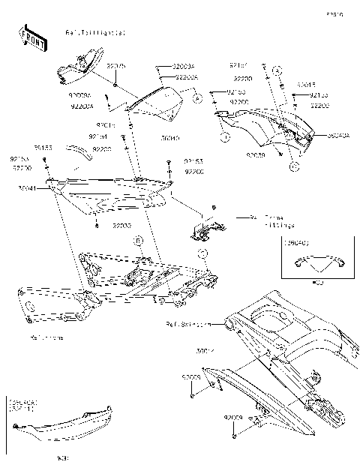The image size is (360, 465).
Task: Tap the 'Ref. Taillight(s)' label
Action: (x=96, y=33)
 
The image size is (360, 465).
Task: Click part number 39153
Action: (x=43, y=148)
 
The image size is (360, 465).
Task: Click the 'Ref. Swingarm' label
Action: (x=187, y=325)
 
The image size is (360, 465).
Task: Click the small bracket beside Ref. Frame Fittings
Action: (x=201, y=229)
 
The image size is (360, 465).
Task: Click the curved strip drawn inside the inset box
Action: (x=319, y=262)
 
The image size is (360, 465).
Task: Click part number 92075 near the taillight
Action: (x=116, y=66)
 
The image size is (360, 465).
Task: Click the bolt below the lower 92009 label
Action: (x=235, y=433)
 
